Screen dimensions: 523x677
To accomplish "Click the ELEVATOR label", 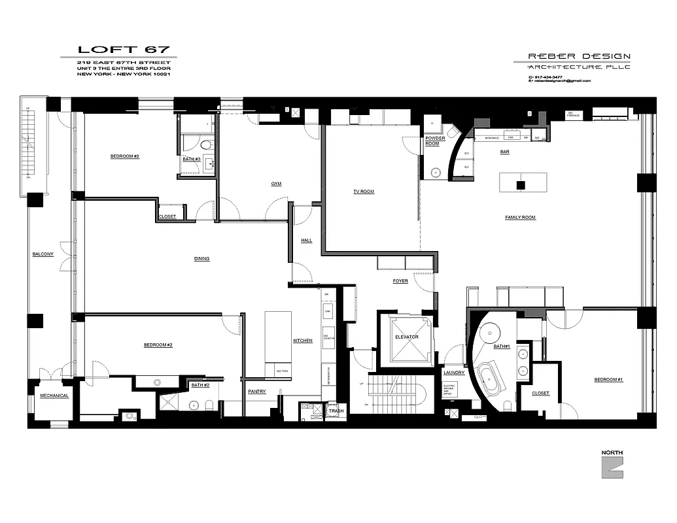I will tap(406, 337).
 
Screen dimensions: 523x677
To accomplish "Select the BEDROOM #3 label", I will tap(125, 156).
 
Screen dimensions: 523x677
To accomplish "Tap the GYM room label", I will tap(276, 184).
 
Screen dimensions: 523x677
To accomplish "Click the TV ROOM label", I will tap(364, 192).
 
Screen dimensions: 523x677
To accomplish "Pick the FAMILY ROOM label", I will tap(520, 217).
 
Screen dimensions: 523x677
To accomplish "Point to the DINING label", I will tap(201, 259).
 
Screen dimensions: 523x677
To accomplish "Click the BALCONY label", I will tap(43, 254).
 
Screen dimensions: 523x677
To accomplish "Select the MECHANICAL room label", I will tap(54, 396).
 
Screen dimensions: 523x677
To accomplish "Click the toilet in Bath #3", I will tap(205, 145).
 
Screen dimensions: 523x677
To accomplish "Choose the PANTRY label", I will tap(256, 392).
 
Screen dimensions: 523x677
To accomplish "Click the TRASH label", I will tap(336, 411).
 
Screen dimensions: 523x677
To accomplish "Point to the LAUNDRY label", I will tap(453, 373).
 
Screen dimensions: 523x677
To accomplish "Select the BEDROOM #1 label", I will tap(608, 380).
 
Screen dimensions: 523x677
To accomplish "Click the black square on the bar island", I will tap(521, 185).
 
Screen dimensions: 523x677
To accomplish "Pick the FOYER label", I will tap(400, 281).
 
